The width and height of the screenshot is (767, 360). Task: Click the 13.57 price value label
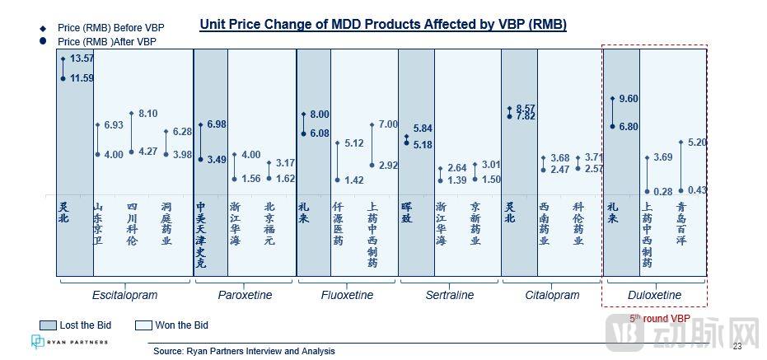click(82, 58)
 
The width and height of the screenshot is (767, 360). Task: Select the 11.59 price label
click(82, 78)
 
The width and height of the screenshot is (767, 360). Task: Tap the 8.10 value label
click(148, 114)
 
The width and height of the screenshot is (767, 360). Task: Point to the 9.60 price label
click(629, 99)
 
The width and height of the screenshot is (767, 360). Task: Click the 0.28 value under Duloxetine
click(663, 191)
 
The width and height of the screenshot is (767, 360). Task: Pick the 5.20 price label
click(696, 142)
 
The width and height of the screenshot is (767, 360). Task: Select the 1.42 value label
click(354, 180)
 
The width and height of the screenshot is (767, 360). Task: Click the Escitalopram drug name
click(125, 295)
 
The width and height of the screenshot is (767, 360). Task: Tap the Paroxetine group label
click(245, 295)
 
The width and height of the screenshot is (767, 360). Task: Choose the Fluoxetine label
click(347, 295)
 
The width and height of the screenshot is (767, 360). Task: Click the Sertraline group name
click(450, 295)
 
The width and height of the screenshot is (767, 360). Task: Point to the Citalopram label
click(552, 295)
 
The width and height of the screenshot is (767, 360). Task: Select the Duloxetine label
click(654, 295)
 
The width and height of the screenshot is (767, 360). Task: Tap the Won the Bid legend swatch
click(143, 325)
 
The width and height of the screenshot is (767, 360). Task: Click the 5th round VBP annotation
click(660, 317)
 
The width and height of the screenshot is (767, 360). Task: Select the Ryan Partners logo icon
click(38, 341)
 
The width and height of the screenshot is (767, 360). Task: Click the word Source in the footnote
click(168, 352)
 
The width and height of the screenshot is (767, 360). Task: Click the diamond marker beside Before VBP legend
click(42, 27)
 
